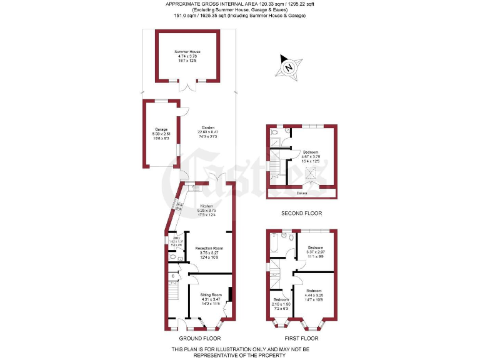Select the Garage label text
point(162,132)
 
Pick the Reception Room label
point(209,251)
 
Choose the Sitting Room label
point(211,297)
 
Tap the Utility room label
point(177,241)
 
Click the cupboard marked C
point(172,276)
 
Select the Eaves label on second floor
point(302,193)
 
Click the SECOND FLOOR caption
point(301,214)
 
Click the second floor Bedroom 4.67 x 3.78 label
point(313,156)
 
